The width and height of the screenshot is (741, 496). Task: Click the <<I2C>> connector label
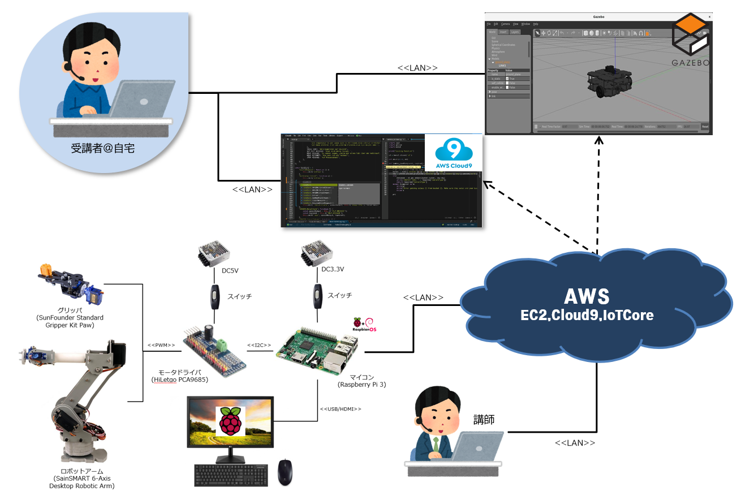click(x=259, y=344)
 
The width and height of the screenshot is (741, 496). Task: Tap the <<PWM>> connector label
click(x=161, y=344)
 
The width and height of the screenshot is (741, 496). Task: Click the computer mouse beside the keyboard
click(x=286, y=472)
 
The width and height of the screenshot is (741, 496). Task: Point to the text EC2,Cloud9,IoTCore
click(x=587, y=316)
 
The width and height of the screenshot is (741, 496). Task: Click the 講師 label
click(x=484, y=419)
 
